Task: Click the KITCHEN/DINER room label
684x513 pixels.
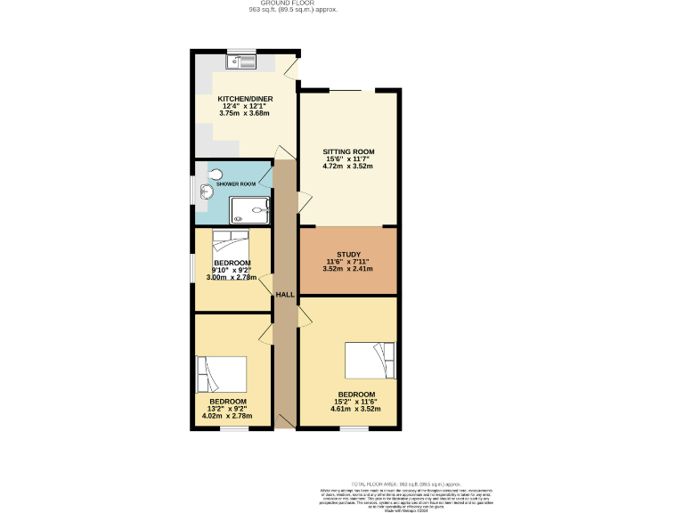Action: click(245, 99)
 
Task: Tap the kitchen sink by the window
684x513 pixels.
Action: click(241, 61)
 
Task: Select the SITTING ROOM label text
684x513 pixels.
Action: click(348, 151)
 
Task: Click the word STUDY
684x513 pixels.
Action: click(347, 253)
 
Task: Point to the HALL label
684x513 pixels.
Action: click(285, 295)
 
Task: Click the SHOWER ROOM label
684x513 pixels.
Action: click(236, 183)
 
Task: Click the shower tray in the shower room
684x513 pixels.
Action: click(250, 210)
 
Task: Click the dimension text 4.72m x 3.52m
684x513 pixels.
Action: click(348, 167)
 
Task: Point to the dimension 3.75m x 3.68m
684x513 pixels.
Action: click(245, 114)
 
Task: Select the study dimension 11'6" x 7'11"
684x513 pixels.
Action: click(347, 261)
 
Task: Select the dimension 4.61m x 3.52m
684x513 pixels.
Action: click(356, 410)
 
